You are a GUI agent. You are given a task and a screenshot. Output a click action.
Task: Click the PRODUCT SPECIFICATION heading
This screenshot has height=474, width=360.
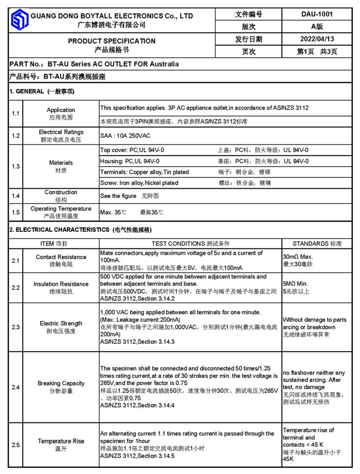pyautogui.click(x=112, y=41)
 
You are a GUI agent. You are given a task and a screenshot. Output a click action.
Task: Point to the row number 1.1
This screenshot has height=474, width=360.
pyautogui.click(x=15, y=113)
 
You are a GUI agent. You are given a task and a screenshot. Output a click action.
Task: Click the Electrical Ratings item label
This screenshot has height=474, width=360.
pyautogui.click(x=61, y=132)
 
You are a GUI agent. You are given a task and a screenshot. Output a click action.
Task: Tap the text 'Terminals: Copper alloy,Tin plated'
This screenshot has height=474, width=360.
pyautogui.click(x=145, y=172)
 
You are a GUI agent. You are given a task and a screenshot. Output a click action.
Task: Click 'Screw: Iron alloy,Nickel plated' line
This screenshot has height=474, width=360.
pyautogui.click(x=139, y=183)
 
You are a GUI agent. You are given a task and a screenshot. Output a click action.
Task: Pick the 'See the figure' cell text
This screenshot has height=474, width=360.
pyautogui.click(x=118, y=196)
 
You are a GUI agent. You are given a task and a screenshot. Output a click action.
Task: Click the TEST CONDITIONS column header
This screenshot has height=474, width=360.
pyautogui.click(x=190, y=244)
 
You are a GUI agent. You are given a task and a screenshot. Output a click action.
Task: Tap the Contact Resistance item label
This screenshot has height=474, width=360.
pyautogui.click(x=61, y=257)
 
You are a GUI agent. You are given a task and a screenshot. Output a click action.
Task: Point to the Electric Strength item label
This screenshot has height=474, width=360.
pyautogui.click(x=61, y=323)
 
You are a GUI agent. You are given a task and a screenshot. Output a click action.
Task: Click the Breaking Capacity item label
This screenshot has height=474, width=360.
pyautogui.click(x=61, y=384)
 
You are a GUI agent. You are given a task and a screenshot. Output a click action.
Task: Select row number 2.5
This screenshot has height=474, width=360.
pyautogui.click(x=15, y=445)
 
